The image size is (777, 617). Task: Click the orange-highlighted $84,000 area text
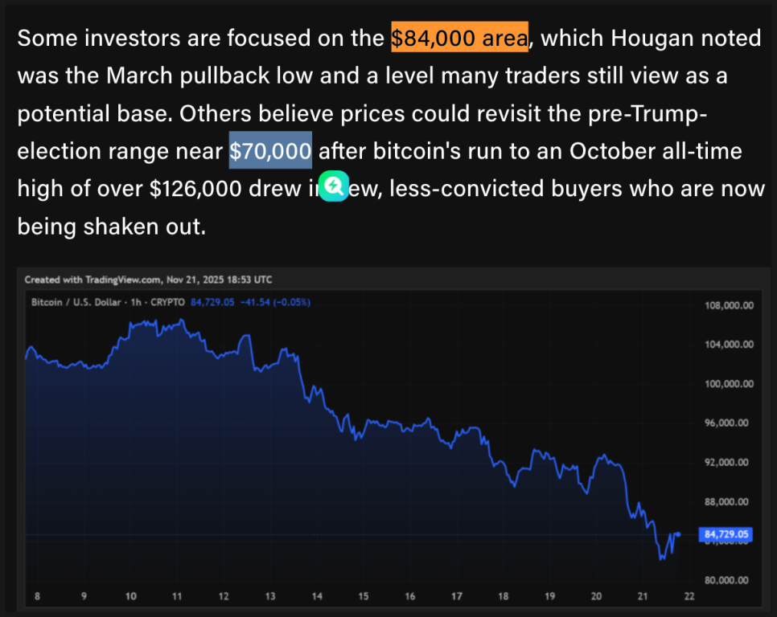click(x=459, y=38)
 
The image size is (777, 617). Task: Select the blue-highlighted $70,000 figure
click(x=270, y=150)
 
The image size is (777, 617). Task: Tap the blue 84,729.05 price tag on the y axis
click(x=726, y=533)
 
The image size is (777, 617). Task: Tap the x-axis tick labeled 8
click(x=38, y=597)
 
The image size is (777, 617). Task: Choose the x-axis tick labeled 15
click(x=364, y=597)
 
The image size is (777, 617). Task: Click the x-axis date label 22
click(x=689, y=597)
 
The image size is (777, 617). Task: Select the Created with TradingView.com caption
click(x=92, y=280)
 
